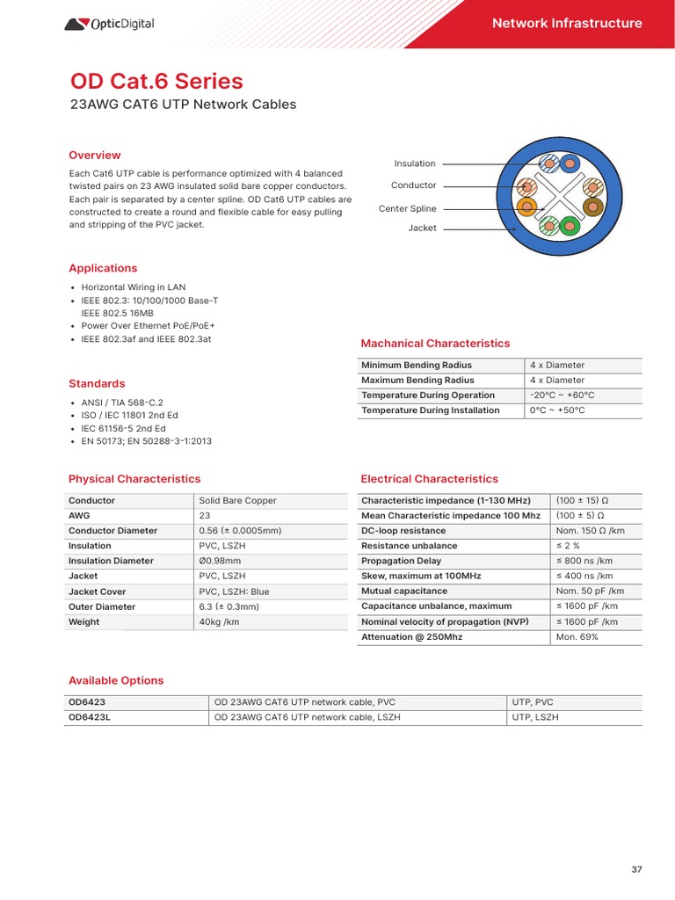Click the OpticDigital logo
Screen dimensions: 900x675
(x=109, y=24)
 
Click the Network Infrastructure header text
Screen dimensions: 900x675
(x=567, y=24)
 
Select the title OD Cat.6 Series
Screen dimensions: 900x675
(x=156, y=81)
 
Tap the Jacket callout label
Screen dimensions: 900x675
(x=422, y=228)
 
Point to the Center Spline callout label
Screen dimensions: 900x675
(x=407, y=208)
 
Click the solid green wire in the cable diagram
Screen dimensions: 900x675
(x=569, y=224)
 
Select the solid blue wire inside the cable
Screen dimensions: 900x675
(x=570, y=163)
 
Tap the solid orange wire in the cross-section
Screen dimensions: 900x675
(x=526, y=207)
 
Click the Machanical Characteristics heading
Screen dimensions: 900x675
(x=435, y=344)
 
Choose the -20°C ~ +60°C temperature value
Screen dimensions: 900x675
(x=562, y=396)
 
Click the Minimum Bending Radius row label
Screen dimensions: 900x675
(x=417, y=366)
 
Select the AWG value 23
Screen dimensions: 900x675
(x=205, y=516)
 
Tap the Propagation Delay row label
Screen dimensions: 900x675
(x=401, y=561)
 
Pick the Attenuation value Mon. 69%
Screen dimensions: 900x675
(x=577, y=637)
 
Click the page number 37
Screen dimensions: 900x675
(x=636, y=869)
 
